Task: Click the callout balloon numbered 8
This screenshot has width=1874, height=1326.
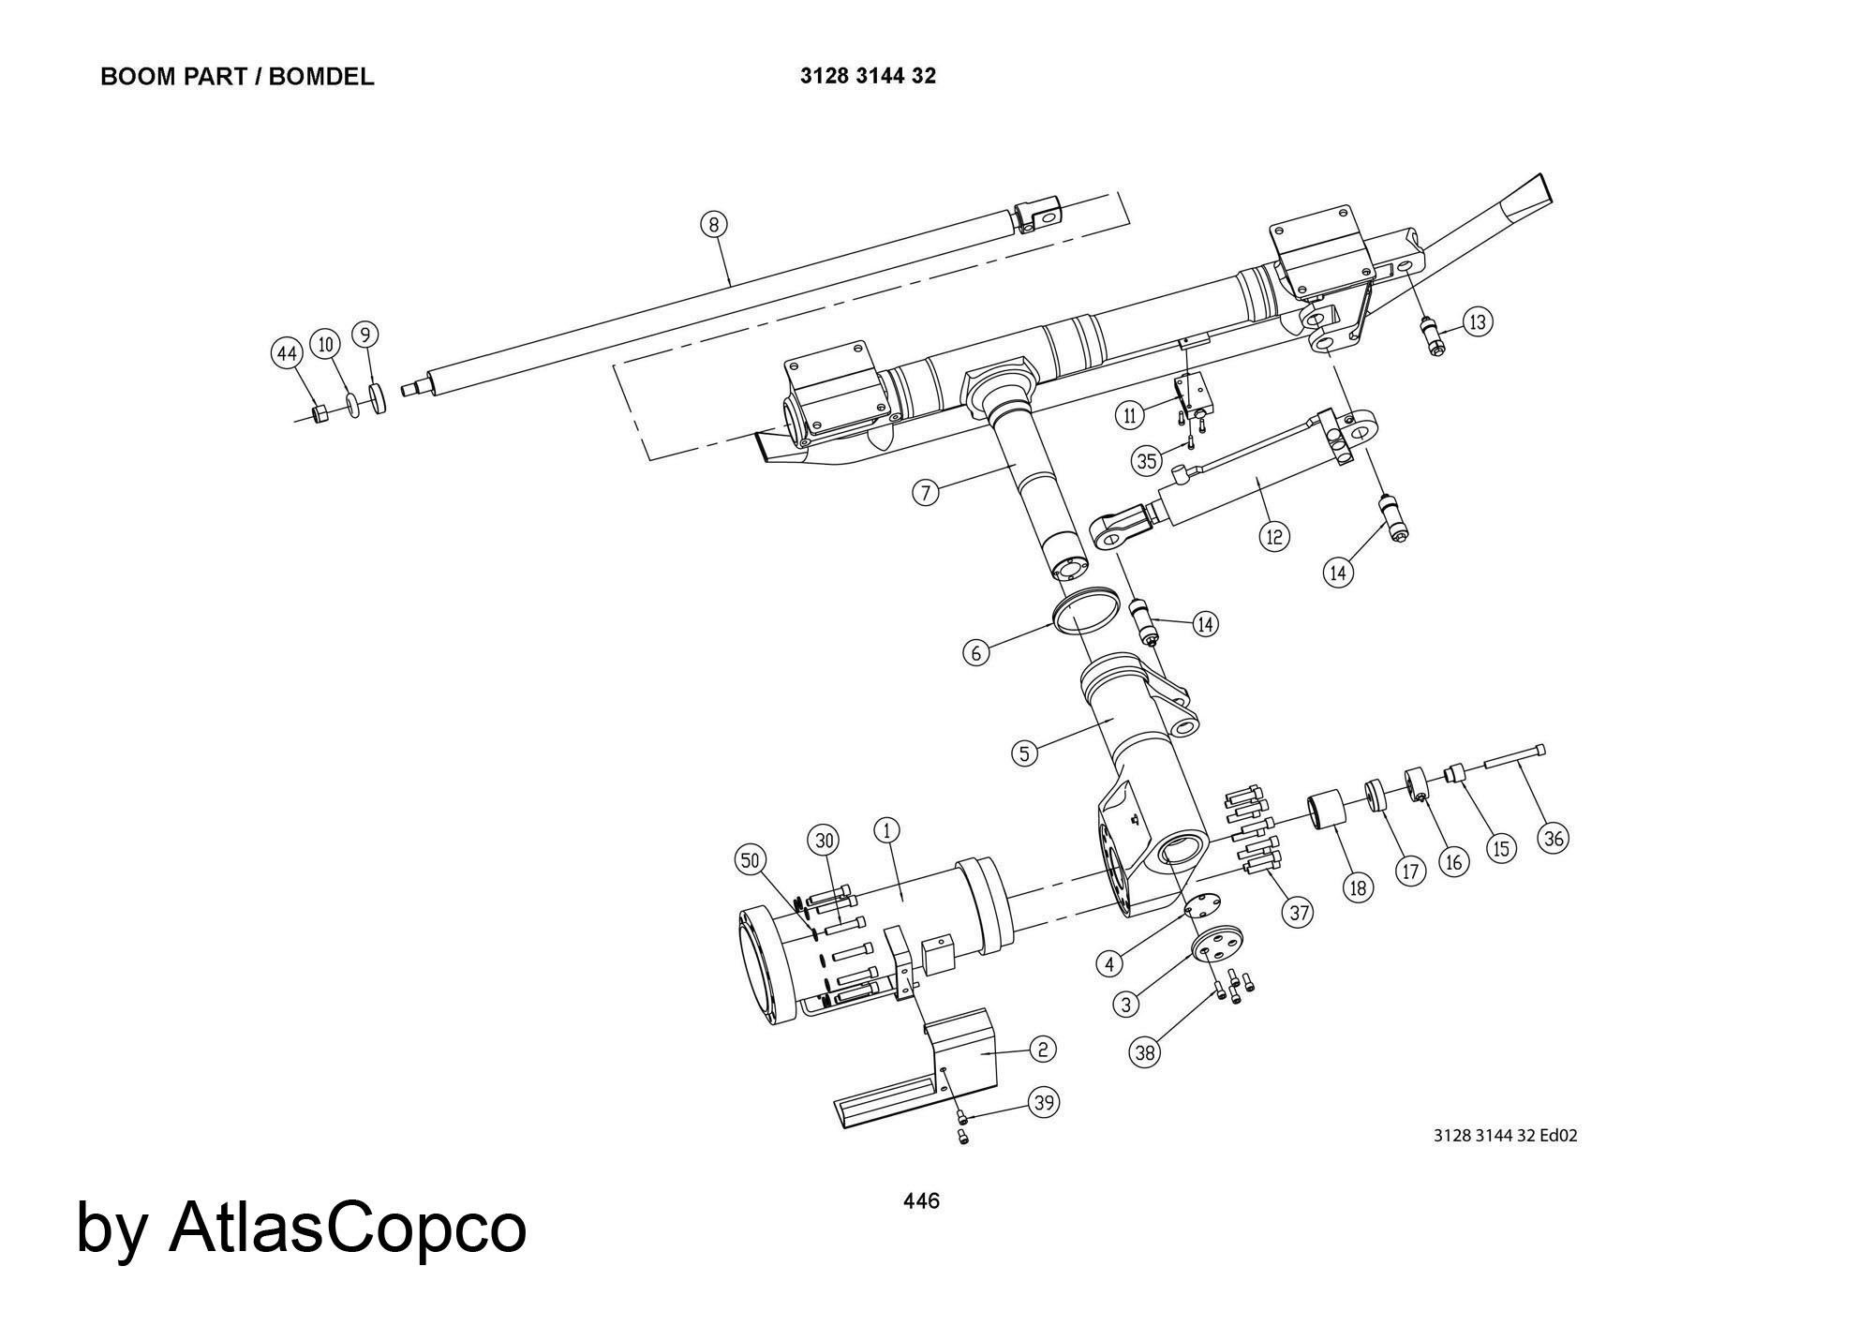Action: click(714, 224)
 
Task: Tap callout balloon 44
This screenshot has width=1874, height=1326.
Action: click(286, 354)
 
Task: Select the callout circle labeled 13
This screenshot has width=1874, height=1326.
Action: click(1478, 322)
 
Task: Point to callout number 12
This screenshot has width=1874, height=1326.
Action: click(1274, 536)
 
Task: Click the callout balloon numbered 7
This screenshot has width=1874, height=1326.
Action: click(926, 492)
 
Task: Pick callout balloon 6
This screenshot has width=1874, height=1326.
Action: click(976, 652)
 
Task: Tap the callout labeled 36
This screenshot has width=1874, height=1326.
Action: click(1554, 838)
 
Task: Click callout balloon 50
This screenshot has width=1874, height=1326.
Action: click(751, 860)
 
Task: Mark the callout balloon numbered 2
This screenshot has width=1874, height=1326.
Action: click(1043, 1049)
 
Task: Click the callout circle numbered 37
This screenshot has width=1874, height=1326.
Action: click(1298, 912)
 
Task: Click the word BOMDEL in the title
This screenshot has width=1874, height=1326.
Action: click(321, 77)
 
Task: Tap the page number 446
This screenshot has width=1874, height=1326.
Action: click(921, 1200)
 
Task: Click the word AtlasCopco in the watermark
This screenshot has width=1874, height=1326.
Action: click(348, 1228)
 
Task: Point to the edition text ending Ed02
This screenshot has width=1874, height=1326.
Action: click(1506, 1136)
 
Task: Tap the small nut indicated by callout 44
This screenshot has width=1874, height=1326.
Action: click(319, 413)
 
